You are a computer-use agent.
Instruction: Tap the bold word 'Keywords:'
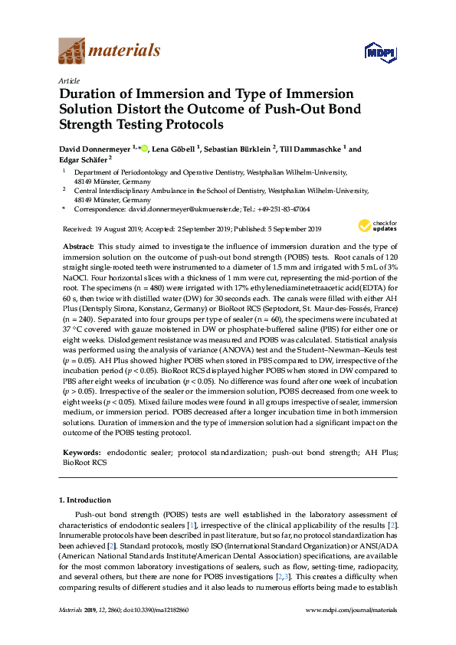[80, 453]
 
